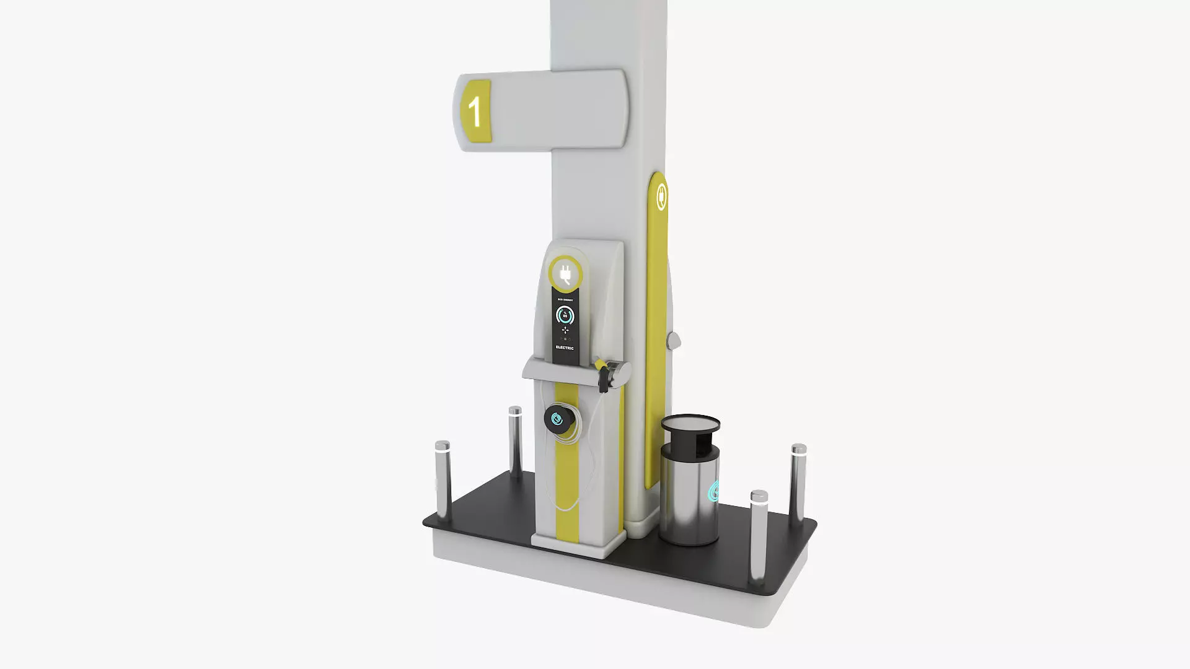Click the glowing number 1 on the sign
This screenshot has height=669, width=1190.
coord(475,111)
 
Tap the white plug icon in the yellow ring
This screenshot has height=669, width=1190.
coord(565,274)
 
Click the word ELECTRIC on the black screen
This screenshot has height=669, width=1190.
coord(565,348)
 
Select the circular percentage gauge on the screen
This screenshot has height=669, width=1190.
coord(565,316)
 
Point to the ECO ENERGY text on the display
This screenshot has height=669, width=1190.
coord(565,300)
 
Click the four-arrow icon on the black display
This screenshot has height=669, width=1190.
coord(565,330)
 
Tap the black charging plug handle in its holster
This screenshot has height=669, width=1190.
coord(602,374)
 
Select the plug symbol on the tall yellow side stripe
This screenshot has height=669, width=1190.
coord(661,196)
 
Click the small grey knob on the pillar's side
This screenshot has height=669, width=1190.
coord(672,340)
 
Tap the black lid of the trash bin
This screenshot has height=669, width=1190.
coord(690,424)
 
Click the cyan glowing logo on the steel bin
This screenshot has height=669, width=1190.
coord(714,491)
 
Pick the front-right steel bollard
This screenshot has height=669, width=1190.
coord(759,536)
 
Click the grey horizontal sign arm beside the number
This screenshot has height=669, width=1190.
coord(558,110)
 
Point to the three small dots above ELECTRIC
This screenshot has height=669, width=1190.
coord(565,339)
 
